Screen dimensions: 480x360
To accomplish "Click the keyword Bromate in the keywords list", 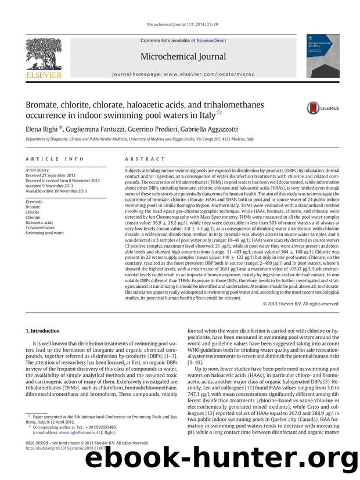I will [x=33, y=207].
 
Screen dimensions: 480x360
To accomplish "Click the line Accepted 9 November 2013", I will [x=54, y=186].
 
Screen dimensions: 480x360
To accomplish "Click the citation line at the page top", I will [x=180, y=26].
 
